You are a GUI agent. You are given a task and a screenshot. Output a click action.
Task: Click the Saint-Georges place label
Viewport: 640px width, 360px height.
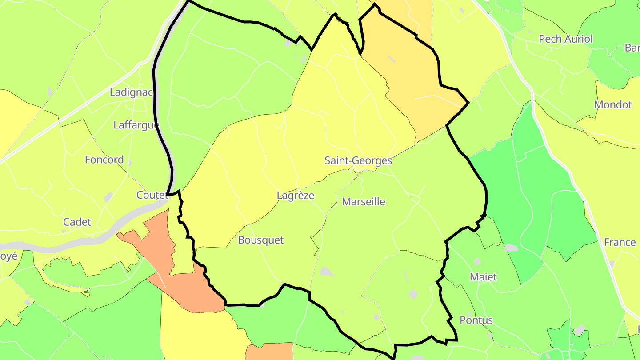click(x=358, y=160)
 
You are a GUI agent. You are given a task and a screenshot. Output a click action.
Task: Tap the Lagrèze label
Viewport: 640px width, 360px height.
click(x=295, y=196)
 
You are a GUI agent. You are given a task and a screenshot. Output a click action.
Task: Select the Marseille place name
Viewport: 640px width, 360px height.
click(x=363, y=202)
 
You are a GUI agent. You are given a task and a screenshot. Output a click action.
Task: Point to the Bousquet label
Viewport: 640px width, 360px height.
click(x=260, y=240)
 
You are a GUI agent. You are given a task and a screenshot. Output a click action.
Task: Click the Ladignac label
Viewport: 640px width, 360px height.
click(x=131, y=92)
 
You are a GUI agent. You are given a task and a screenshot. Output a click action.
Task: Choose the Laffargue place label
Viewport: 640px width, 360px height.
click(x=136, y=125)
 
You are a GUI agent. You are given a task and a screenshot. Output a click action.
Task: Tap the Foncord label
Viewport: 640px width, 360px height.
click(x=104, y=160)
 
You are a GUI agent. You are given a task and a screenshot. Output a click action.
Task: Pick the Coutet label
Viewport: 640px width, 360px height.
click(x=152, y=195)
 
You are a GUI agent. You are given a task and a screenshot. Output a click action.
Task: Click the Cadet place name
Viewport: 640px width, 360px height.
click(x=77, y=222)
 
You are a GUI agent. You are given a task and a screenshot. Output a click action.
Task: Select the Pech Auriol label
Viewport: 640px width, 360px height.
click(x=565, y=39)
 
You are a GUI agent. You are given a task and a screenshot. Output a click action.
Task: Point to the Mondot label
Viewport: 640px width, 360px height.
click(x=613, y=105)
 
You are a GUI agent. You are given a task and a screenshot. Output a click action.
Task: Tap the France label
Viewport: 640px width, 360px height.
click(x=620, y=243)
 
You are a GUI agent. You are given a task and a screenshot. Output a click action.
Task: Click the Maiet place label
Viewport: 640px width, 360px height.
click(x=483, y=277)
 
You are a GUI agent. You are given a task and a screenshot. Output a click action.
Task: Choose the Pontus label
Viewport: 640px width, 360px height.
click(x=476, y=320)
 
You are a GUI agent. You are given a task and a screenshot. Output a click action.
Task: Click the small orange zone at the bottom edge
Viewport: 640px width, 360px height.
click(x=269, y=351)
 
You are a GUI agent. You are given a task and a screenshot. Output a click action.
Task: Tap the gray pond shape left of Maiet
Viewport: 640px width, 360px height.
click(x=511, y=248)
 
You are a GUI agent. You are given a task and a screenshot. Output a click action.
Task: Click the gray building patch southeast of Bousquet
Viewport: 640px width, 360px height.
click(x=327, y=271)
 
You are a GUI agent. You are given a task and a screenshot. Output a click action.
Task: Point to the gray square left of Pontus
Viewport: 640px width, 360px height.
click(x=413, y=294)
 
